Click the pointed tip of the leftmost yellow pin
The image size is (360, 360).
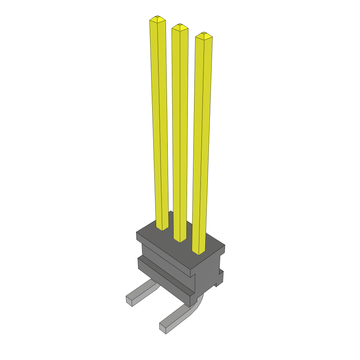(x=157, y=17)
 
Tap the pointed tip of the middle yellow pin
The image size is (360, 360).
(x=180, y=25)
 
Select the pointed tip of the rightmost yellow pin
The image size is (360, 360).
(x=204, y=34)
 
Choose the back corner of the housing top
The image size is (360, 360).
(x=171, y=212)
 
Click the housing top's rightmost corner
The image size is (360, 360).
(x=224, y=246)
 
